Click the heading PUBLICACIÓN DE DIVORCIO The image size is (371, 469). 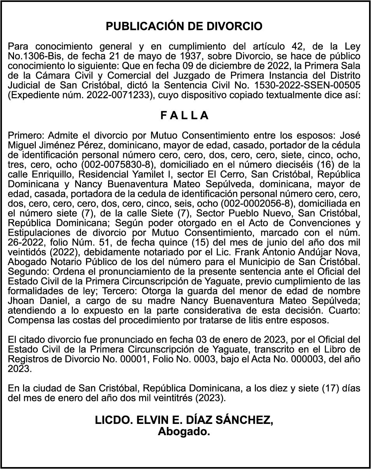tap(184, 26)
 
